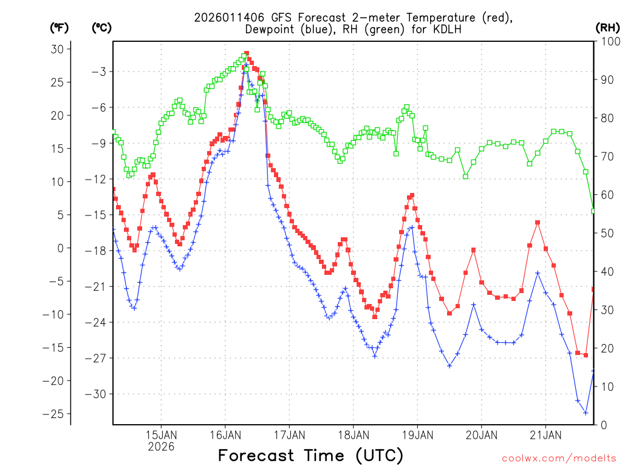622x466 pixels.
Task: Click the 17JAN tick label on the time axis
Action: click(289, 435)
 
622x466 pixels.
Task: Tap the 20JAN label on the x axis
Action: click(481, 435)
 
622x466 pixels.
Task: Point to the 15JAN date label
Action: click(161, 435)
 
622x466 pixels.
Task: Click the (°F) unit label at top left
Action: click(60, 27)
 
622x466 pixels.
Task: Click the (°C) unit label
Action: click(101, 27)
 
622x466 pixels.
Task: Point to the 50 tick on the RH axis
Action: click(606, 233)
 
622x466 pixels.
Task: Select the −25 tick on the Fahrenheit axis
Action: click(56, 414)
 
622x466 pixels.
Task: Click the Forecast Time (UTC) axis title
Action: click(310, 455)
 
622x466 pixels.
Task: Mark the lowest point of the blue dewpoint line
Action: click(586, 413)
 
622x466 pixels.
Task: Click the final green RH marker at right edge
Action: click(593, 211)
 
